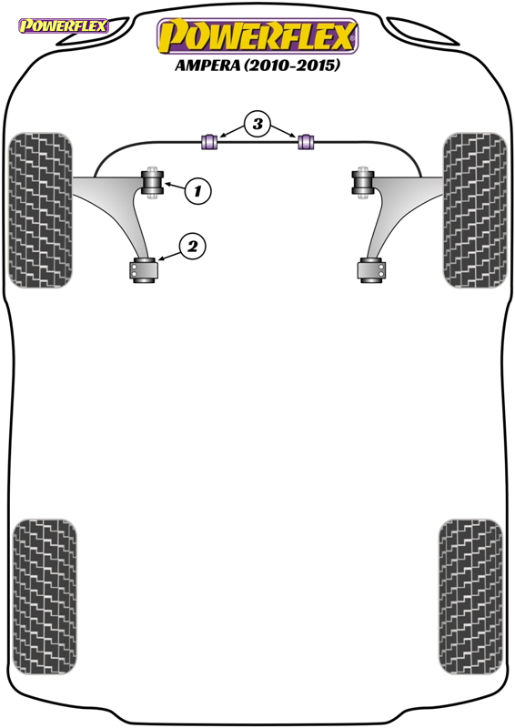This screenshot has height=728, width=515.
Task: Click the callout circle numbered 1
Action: tap(197, 191)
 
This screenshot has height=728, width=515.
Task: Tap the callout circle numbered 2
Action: tap(192, 246)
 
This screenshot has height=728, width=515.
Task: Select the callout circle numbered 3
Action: tap(257, 124)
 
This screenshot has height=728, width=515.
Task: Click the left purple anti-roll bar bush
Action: tap(208, 141)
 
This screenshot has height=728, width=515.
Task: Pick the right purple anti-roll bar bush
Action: tap(306, 141)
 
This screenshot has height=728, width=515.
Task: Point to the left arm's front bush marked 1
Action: tap(152, 183)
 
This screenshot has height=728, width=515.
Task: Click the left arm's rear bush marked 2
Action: tap(143, 270)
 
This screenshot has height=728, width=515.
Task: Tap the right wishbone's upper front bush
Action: tap(363, 183)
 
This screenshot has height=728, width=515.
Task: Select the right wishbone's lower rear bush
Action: tap(371, 270)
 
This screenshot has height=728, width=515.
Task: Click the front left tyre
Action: tap(40, 210)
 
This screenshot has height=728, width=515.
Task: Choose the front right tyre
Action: tap(475, 210)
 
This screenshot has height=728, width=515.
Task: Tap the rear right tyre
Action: tap(470, 597)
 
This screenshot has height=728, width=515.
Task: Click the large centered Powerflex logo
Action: tap(257, 36)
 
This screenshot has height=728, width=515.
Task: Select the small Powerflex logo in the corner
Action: tap(63, 25)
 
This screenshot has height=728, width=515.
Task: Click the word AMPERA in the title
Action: tap(207, 65)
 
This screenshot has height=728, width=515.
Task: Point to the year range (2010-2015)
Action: tap(292, 65)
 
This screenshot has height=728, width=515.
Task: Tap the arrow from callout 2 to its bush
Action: tap(169, 255)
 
